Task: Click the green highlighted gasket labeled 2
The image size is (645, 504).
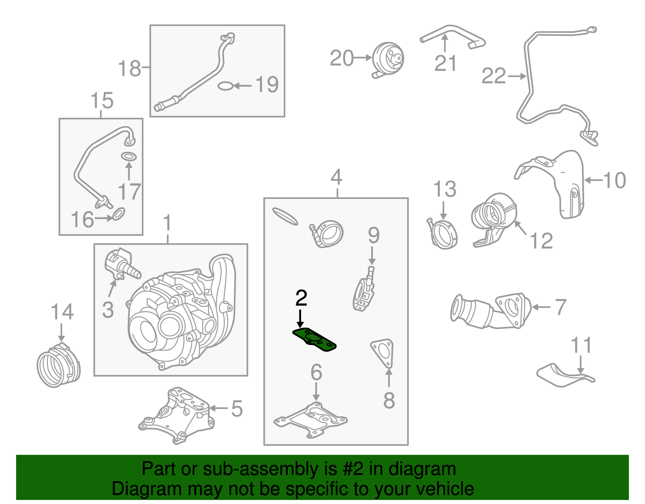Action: tap(314, 340)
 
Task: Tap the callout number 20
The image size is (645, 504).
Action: tap(341, 58)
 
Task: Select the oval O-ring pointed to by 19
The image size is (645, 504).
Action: tap(225, 86)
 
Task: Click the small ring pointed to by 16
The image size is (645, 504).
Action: tap(119, 214)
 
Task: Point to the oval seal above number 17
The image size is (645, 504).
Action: tap(129, 157)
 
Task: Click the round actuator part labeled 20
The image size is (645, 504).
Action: tap(387, 60)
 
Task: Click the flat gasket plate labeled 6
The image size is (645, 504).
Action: tap(310, 420)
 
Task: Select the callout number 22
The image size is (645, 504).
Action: tap(493, 76)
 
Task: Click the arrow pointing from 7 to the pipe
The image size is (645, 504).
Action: tap(541, 307)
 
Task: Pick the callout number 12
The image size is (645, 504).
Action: tap(541, 241)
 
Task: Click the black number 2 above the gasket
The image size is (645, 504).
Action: tap(301, 299)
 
